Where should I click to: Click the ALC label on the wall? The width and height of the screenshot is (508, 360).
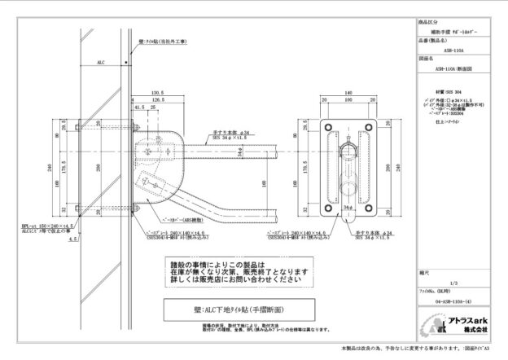point(101,60)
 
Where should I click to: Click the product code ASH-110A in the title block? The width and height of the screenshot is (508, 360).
point(448,48)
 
